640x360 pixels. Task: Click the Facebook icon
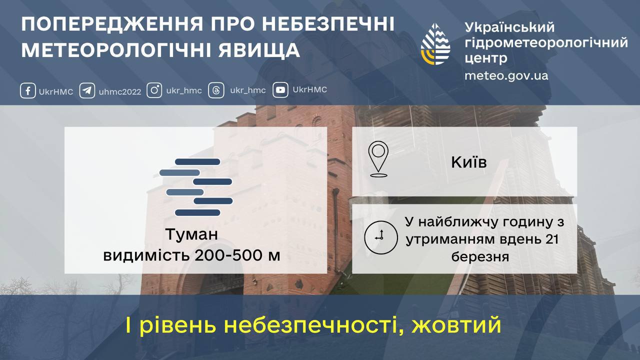point(27,91)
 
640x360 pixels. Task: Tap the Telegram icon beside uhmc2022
point(87,91)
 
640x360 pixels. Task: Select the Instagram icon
point(154,90)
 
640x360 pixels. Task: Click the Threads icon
point(216,90)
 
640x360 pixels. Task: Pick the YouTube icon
point(280,90)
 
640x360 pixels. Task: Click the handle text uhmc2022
point(120,91)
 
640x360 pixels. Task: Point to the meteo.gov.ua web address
point(506,76)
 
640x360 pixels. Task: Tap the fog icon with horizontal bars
point(196,187)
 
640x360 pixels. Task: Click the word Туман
point(192,234)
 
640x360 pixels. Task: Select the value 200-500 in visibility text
point(226,255)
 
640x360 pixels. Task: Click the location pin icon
point(378,159)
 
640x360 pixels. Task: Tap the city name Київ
point(468,162)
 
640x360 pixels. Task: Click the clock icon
point(378,236)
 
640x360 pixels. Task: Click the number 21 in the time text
point(551,239)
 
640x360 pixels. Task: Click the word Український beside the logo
point(509,27)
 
